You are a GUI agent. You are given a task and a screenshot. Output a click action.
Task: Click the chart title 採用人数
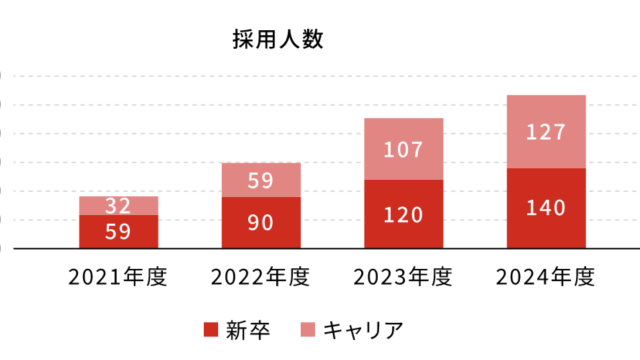[x=278, y=40]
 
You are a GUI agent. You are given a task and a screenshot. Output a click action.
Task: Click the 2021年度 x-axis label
[x=118, y=277]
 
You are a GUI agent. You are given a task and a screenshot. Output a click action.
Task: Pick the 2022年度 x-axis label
[x=260, y=277]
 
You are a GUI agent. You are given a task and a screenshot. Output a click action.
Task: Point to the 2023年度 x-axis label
[x=403, y=277]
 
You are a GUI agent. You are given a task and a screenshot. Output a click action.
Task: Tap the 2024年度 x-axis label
[x=545, y=277]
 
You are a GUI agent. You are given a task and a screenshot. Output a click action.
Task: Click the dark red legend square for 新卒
[x=211, y=330]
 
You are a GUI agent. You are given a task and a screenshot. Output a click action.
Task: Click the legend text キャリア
[x=363, y=330]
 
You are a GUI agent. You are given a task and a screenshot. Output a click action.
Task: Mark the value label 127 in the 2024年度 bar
[x=545, y=132]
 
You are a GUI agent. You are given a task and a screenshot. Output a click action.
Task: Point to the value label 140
[x=545, y=208]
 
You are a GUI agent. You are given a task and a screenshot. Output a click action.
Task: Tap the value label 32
[x=118, y=205]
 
